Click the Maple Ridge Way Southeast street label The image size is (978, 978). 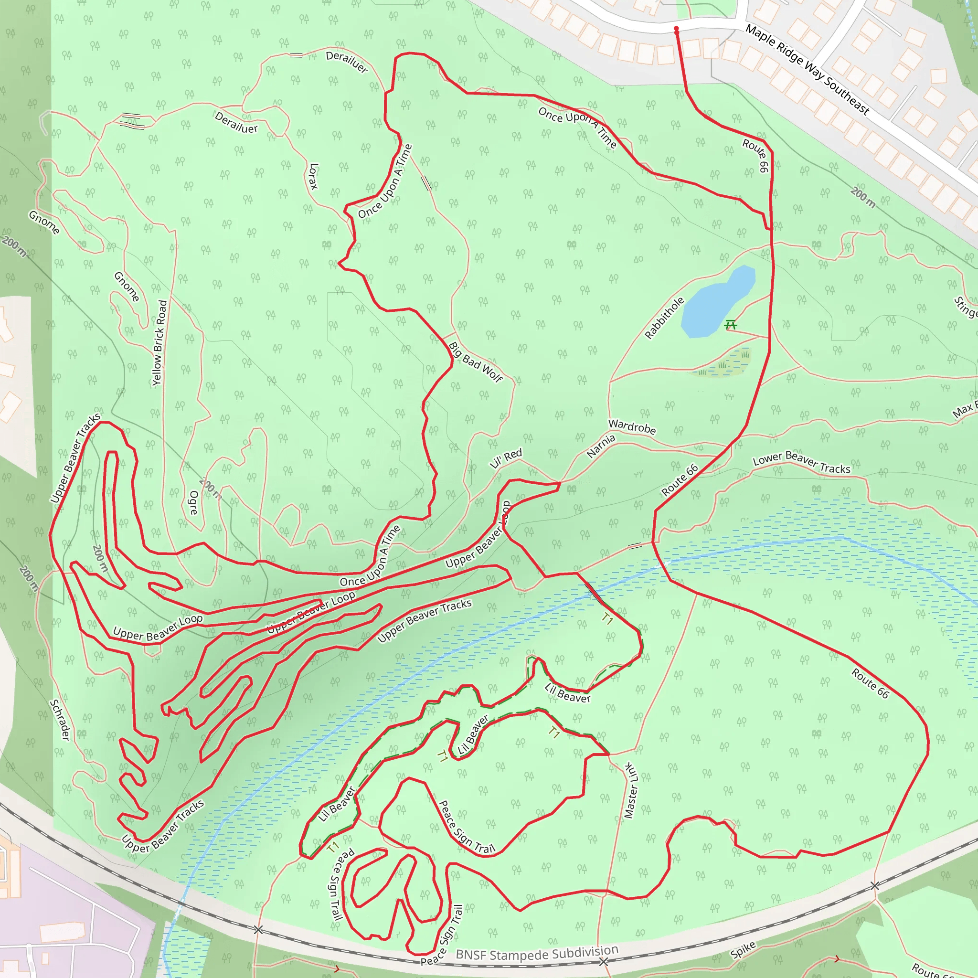click(808, 69)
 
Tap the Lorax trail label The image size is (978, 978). click(314, 176)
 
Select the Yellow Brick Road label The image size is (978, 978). click(159, 343)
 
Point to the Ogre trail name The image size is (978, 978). click(193, 502)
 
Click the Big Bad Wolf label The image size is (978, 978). click(475, 362)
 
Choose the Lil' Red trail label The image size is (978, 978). click(505, 458)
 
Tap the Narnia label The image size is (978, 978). click(601, 446)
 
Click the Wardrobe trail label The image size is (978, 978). click(632, 427)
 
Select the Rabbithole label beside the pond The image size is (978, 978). click(664, 318)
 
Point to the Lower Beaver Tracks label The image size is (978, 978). click(802, 463)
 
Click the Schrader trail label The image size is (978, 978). click(60, 720)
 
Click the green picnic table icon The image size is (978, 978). click(730, 324)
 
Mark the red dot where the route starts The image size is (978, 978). click(676, 29)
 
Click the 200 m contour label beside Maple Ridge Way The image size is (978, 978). click(862, 197)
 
